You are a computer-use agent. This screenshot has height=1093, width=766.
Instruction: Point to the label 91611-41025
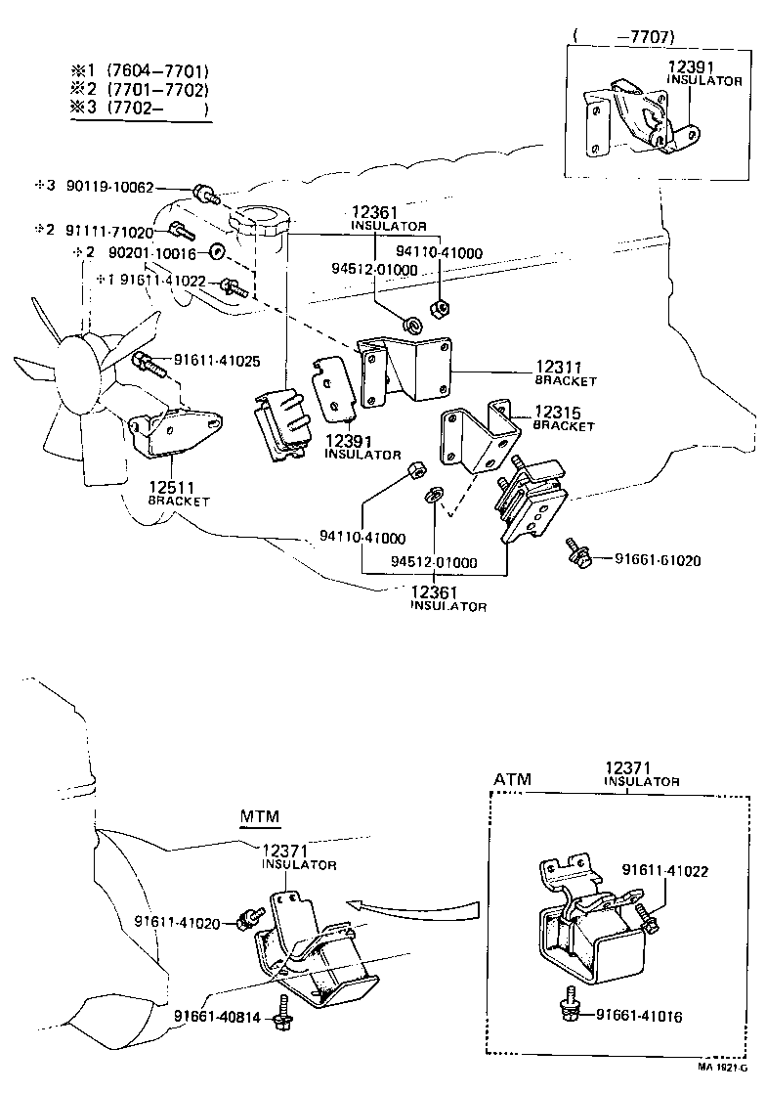217,361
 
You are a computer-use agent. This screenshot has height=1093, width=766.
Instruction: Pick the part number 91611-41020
176,921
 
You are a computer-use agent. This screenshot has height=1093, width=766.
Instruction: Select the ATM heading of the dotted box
513,780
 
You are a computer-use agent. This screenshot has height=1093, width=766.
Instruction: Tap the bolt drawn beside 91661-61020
577,552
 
